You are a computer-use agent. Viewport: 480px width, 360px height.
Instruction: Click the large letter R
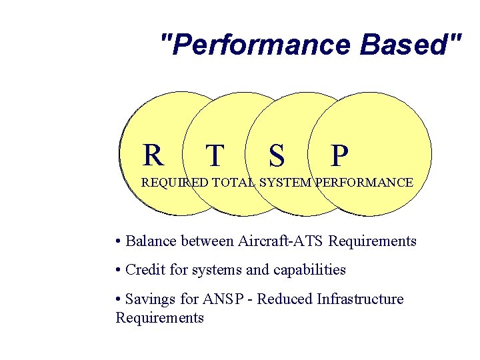pos(153,155)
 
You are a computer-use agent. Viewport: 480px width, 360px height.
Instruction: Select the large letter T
pos(215,156)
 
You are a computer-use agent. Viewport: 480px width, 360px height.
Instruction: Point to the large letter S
pos(277,156)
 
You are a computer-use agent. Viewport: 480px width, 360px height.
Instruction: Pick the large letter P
pos(339,156)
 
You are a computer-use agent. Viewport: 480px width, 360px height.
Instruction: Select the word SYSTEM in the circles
pos(285,182)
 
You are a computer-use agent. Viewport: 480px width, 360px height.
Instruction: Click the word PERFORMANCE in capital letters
pos(364,182)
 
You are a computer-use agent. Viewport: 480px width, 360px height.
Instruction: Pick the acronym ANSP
pos(223,299)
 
